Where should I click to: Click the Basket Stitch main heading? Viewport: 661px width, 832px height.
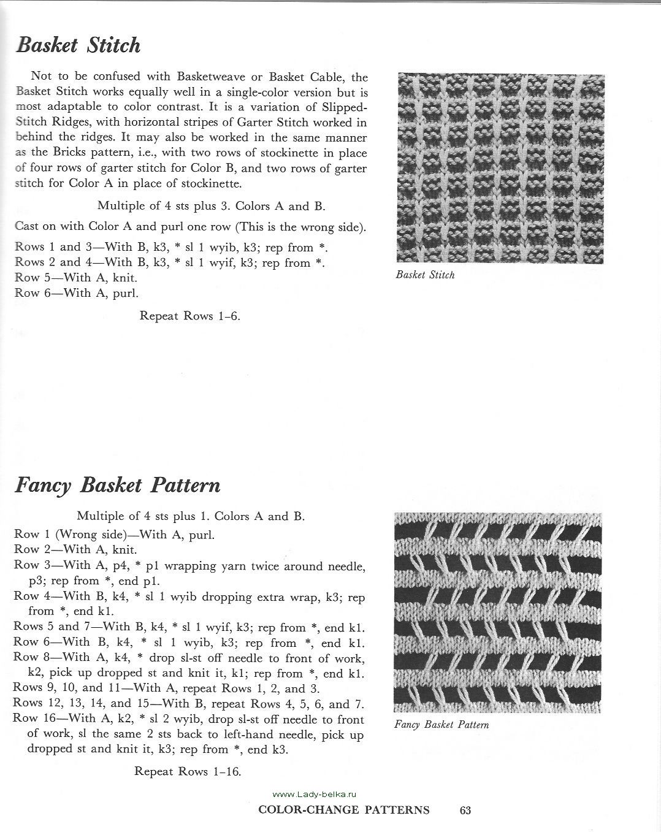click(x=78, y=45)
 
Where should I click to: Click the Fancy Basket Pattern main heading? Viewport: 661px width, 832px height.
click(x=117, y=486)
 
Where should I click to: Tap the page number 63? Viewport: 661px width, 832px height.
click(x=465, y=811)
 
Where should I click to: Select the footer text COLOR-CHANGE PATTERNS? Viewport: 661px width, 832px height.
click(x=344, y=811)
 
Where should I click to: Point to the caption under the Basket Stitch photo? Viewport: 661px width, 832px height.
click(x=425, y=275)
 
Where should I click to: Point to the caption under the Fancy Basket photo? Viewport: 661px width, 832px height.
click(x=441, y=725)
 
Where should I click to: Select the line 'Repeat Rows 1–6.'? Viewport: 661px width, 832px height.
click(x=190, y=316)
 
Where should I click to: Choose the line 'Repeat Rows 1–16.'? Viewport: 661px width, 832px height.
click(x=188, y=771)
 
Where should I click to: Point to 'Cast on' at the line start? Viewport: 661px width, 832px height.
click(x=36, y=226)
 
